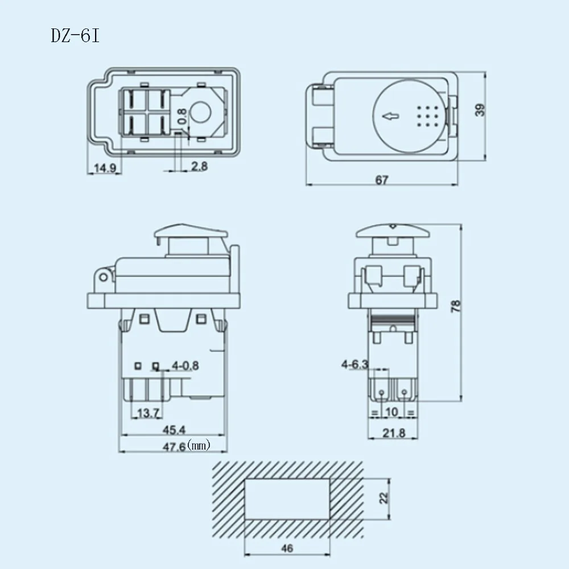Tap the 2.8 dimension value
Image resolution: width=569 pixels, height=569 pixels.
[x=199, y=167]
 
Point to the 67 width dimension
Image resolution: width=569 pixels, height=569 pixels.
[x=382, y=180]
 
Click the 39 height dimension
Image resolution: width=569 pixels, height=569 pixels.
[x=481, y=110]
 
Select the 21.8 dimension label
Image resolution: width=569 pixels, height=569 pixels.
[x=393, y=433]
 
